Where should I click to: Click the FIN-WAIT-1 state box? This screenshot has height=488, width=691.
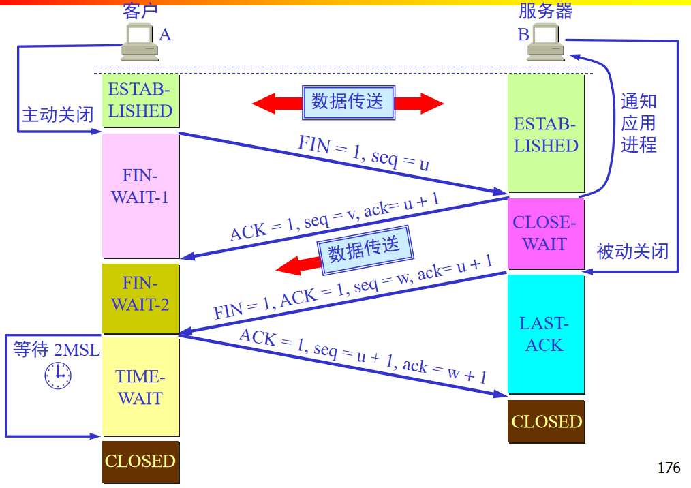(x=140, y=195)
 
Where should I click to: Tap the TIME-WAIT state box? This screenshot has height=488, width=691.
(x=140, y=386)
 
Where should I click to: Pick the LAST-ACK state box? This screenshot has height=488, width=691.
(x=546, y=334)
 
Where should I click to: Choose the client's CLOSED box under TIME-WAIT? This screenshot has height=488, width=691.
(x=140, y=461)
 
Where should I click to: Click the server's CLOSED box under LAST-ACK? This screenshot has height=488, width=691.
(x=547, y=421)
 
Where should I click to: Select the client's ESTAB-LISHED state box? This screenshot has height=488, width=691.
(x=140, y=100)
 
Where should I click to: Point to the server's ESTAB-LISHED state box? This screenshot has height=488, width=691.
(x=546, y=134)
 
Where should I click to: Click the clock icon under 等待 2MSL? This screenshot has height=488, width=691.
(x=58, y=375)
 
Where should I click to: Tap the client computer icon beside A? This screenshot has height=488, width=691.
(x=139, y=42)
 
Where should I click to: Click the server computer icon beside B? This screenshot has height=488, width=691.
(x=547, y=42)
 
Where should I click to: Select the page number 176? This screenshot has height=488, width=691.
(x=669, y=468)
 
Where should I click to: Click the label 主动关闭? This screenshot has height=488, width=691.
(x=57, y=115)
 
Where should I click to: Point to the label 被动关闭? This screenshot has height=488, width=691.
(x=632, y=251)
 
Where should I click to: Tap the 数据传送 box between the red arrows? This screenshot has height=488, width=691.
(x=348, y=103)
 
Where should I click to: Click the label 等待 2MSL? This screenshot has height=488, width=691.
(x=57, y=350)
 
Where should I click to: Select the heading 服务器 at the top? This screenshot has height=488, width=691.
(x=545, y=11)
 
